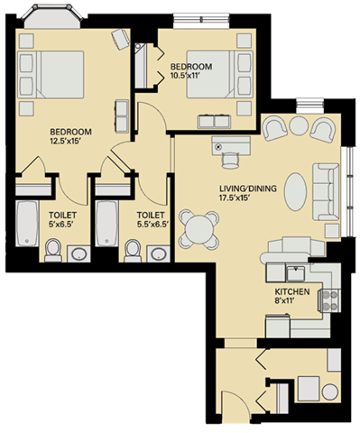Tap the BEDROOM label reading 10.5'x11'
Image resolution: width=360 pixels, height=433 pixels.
(x=192, y=68)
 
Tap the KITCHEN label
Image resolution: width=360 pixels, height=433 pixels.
(x=293, y=293)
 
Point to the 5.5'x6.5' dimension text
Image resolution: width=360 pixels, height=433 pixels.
(x=152, y=226)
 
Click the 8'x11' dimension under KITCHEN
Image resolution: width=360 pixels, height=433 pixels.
(x=293, y=303)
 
